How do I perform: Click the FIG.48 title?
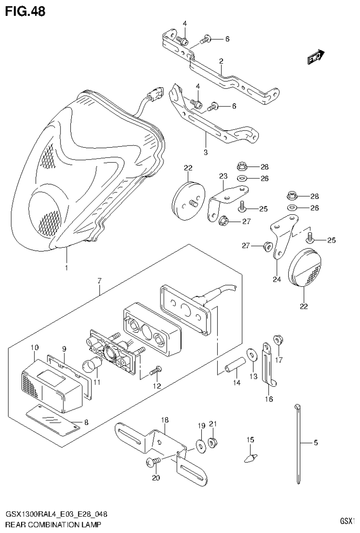[25, 11]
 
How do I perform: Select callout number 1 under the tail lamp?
[66, 268]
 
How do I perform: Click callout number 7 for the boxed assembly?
[100, 281]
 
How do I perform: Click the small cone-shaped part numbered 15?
[252, 456]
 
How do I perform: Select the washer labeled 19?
[201, 444]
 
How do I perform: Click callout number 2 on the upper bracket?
[221, 61]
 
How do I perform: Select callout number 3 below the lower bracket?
[205, 152]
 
